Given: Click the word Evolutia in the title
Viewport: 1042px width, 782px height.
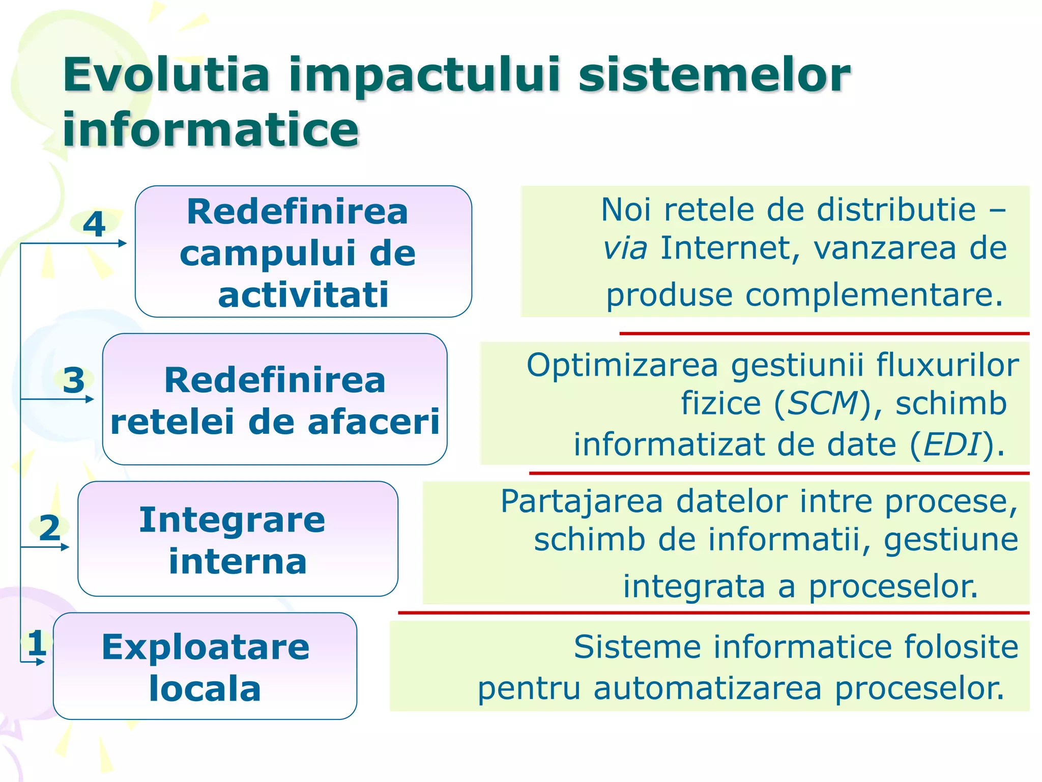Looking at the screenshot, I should click(x=166, y=75).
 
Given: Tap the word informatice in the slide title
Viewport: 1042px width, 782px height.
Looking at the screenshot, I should click(x=211, y=129).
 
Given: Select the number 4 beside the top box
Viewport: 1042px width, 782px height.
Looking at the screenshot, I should click(x=94, y=224).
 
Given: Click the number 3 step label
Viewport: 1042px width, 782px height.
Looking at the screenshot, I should click(x=73, y=380).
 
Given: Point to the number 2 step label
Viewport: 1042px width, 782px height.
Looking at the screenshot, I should click(x=49, y=527).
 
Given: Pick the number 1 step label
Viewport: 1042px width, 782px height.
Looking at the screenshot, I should click(x=37, y=643).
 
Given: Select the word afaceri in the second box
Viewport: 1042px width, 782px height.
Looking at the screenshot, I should click(x=373, y=422).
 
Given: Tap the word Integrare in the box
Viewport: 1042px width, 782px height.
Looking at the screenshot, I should click(x=232, y=520).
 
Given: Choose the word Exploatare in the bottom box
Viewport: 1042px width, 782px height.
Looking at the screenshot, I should click(x=206, y=647).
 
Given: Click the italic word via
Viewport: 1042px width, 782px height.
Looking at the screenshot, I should click(x=625, y=248).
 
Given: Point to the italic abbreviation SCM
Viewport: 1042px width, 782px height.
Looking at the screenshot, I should click(x=823, y=403).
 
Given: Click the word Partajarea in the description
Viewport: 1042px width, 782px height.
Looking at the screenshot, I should click(x=582, y=501).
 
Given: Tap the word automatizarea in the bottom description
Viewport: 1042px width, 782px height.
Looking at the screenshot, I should click(x=707, y=688).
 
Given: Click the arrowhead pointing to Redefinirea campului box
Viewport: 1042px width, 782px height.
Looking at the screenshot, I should click(x=123, y=243).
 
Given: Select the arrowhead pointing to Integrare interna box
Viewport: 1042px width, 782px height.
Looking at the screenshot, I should click(x=65, y=547).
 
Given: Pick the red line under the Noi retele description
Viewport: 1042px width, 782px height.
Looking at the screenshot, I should click(x=824, y=333).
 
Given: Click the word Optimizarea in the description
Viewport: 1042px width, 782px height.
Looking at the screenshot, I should click(x=622, y=365).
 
